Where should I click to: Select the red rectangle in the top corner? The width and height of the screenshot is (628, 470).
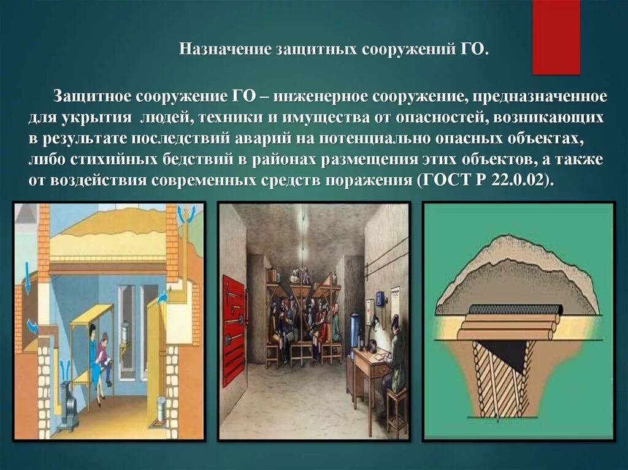tap(556, 37)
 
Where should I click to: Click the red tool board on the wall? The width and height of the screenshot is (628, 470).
tap(233, 330)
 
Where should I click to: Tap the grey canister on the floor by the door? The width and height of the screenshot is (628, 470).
tap(161, 409)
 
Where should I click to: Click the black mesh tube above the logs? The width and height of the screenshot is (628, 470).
tap(515, 309)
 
